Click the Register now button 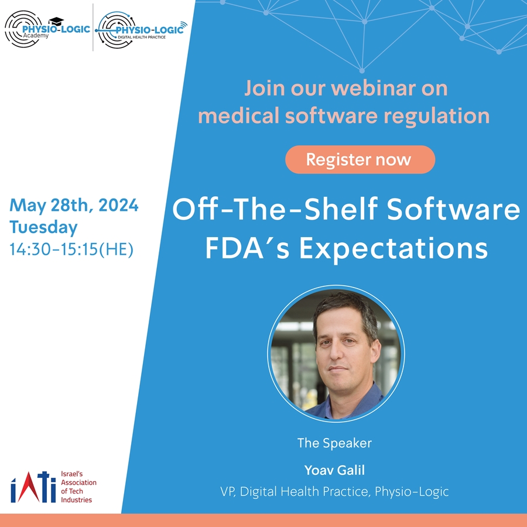coord(360,160)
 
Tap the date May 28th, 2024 coord(74,205)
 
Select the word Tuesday coord(43,227)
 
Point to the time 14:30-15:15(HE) coord(71,249)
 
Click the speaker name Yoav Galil coord(334,470)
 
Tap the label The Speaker coord(334,443)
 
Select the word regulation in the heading coord(436,117)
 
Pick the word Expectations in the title coord(393,248)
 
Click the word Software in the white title coord(453,209)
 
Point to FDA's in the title coord(247,248)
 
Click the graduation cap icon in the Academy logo coord(56,21)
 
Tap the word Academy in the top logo coord(36,35)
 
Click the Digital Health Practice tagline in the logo coord(142,37)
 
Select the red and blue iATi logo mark coord(33,487)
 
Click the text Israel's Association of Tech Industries coord(78,487)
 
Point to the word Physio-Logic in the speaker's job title coord(412,491)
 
